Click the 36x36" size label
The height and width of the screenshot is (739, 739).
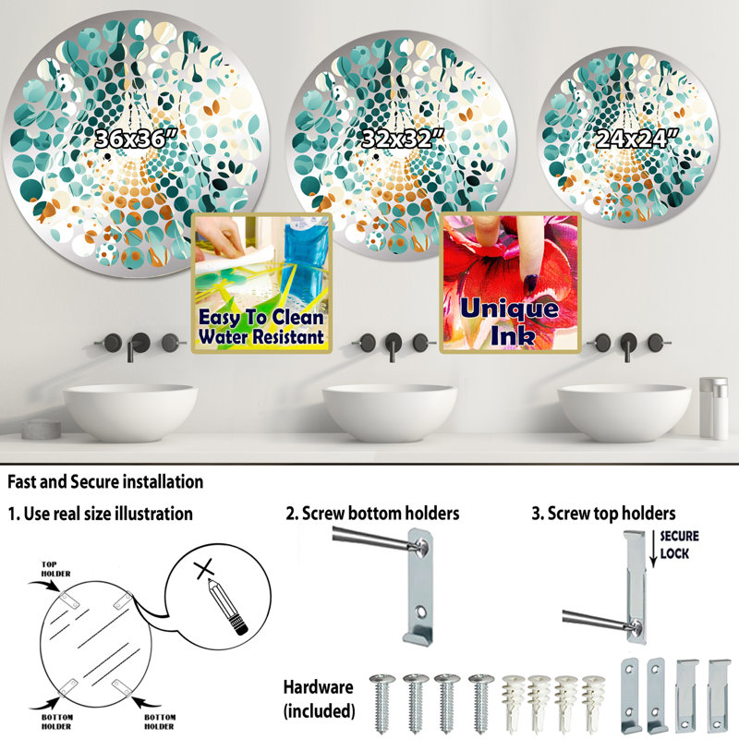137,139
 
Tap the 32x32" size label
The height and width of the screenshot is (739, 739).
404,139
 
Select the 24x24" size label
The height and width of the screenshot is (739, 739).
637,139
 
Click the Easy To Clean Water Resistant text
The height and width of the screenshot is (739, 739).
261,327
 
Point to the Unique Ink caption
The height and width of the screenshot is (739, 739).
510,321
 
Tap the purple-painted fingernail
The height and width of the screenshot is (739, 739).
531,284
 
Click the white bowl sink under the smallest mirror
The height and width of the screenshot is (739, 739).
624,412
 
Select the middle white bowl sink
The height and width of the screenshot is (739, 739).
390,412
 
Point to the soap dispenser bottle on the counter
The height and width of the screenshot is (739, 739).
713,408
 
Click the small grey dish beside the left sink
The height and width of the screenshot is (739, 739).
41,429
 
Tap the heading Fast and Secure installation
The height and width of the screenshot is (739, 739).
105,481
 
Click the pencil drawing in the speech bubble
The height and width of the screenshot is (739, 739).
227,608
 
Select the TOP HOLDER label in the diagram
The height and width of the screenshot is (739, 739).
55,569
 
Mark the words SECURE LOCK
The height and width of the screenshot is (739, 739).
679,544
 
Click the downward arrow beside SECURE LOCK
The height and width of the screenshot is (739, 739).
653,549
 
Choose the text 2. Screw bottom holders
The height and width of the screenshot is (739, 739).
372,514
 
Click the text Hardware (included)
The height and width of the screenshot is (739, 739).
319,698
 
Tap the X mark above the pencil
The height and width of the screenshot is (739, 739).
205,568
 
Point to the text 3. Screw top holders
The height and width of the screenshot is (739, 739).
603,514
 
